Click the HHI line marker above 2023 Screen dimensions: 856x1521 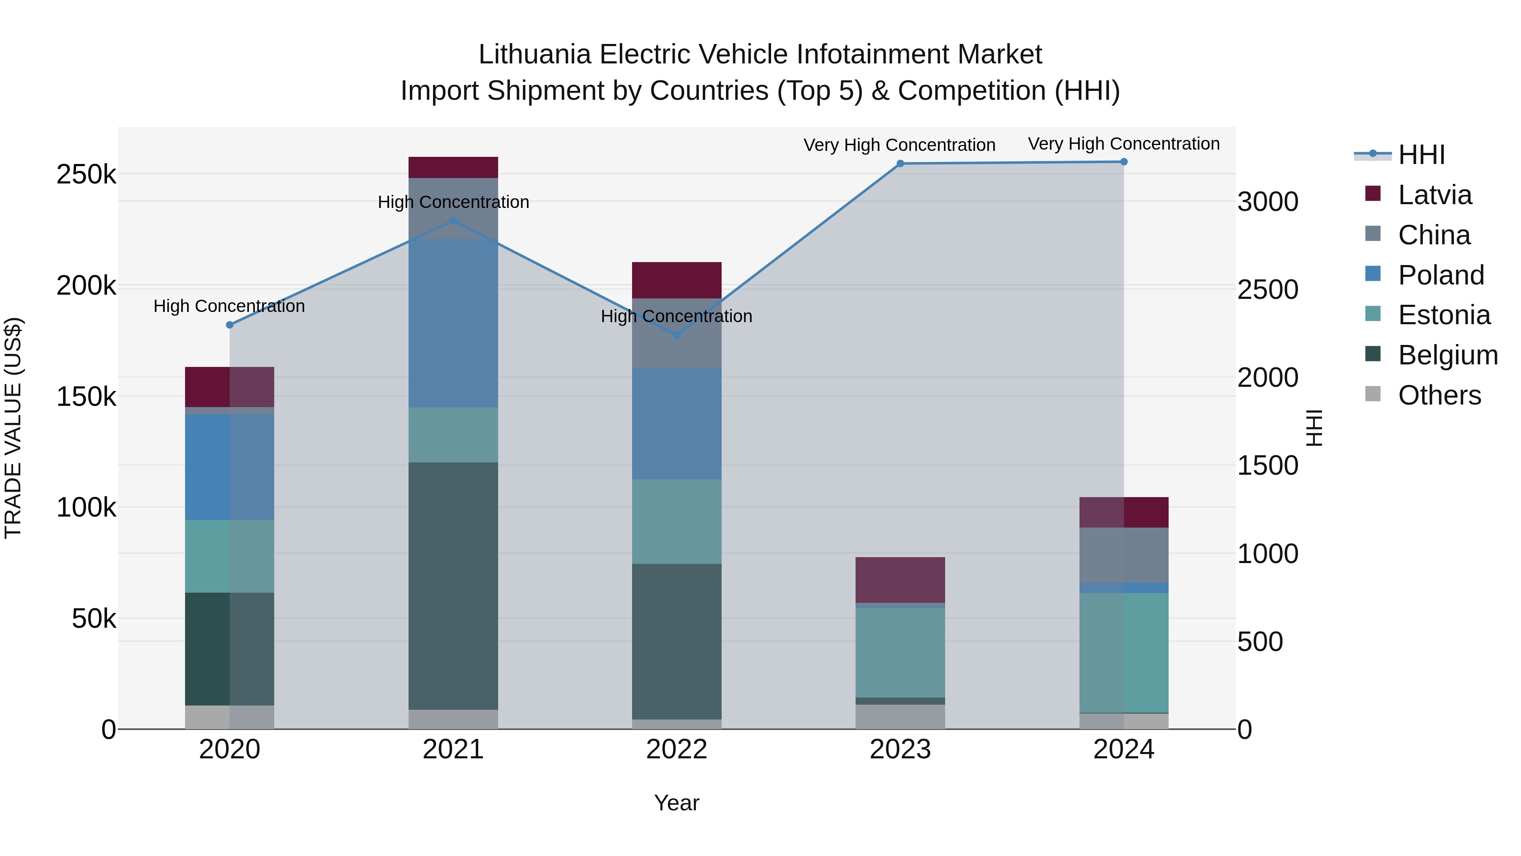coord(900,164)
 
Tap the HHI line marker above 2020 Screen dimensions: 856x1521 coord(230,325)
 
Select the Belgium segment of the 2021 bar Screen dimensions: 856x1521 coord(453,585)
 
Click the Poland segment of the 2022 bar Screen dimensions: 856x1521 coord(677,423)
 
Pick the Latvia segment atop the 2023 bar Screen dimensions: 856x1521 coord(900,580)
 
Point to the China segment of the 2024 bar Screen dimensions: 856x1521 coord(1123,555)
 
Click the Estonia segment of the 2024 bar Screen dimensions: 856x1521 coord(1123,653)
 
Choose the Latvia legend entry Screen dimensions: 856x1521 coord(1434,195)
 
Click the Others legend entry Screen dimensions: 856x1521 coord(1439,395)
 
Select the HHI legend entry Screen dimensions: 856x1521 coord(1421,155)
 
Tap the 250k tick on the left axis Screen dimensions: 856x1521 coord(86,175)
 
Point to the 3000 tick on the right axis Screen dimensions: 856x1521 coord(1267,202)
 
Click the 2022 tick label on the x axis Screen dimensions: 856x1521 coord(677,749)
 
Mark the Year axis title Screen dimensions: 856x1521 coord(677,803)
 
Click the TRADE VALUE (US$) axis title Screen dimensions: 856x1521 coord(13,428)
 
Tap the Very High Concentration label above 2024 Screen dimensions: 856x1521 coord(1123,144)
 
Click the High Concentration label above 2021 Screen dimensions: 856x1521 coord(453,202)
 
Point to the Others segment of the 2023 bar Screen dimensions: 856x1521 coord(900,717)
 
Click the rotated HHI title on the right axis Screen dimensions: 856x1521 coord(1314,428)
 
